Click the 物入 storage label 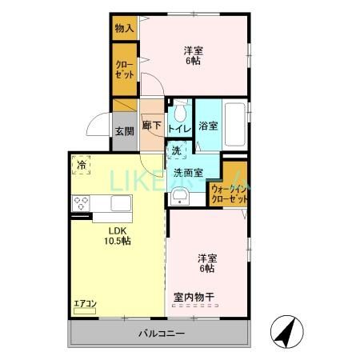(124, 28)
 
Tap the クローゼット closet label (124, 70)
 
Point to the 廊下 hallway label (152, 125)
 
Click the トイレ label (178, 126)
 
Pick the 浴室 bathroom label (208, 126)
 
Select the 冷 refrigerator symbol (82, 164)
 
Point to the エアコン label (85, 303)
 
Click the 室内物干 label (194, 298)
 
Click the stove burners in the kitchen (82, 204)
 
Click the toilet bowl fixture (180, 107)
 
